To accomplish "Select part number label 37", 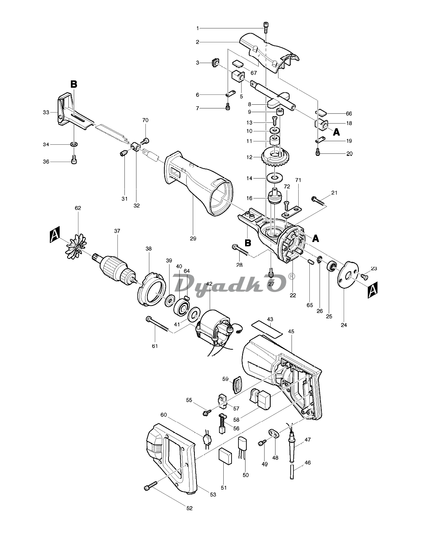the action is pyautogui.click(x=117, y=231).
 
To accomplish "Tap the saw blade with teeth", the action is pyautogui.click(x=112, y=135).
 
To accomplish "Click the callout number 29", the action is pyautogui.click(x=193, y=238).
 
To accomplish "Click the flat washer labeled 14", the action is pyautogui.click(x=274, y=178).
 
